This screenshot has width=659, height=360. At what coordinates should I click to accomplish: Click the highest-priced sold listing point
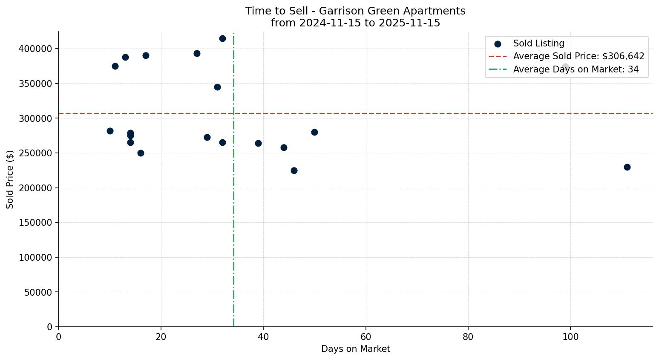click(222, 39)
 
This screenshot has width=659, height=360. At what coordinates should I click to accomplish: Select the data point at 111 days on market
click(627, 167)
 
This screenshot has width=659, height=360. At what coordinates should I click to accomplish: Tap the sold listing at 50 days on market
click(314, 132)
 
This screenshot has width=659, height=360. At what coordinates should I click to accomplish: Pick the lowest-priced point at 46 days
click(294, 171)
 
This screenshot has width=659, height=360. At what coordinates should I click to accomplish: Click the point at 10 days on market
click(110, 131)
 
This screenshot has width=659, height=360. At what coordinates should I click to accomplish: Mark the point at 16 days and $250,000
click(141, 153)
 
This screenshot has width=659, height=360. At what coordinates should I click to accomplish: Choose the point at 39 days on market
click(258, 144)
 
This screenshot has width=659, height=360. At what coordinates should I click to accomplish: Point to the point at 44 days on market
click(284, 148)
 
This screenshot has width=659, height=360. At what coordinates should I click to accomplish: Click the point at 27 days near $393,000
click(197, 54)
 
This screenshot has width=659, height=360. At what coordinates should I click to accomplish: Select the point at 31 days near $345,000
click(217, 87)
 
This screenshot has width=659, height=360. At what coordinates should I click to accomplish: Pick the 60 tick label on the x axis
click(366, 337)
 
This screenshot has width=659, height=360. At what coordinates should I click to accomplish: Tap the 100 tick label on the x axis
click(570, 337)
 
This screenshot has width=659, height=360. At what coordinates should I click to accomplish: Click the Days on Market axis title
click(355, 349)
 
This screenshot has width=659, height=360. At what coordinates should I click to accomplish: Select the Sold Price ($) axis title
click(10, 179)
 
